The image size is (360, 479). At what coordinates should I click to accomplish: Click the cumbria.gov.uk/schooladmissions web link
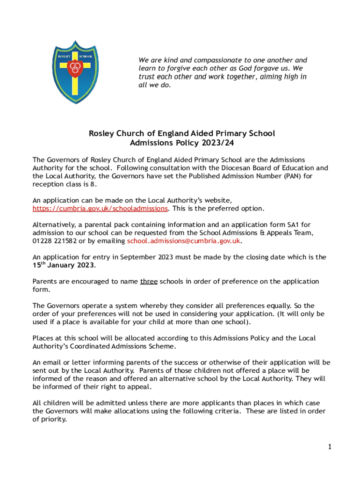pos(100,208)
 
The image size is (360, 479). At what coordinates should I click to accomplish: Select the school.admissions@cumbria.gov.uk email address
pos(184,241)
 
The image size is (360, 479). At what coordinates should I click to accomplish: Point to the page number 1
pos(329,447)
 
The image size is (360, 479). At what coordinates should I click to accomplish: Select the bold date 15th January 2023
pos(64,265)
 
